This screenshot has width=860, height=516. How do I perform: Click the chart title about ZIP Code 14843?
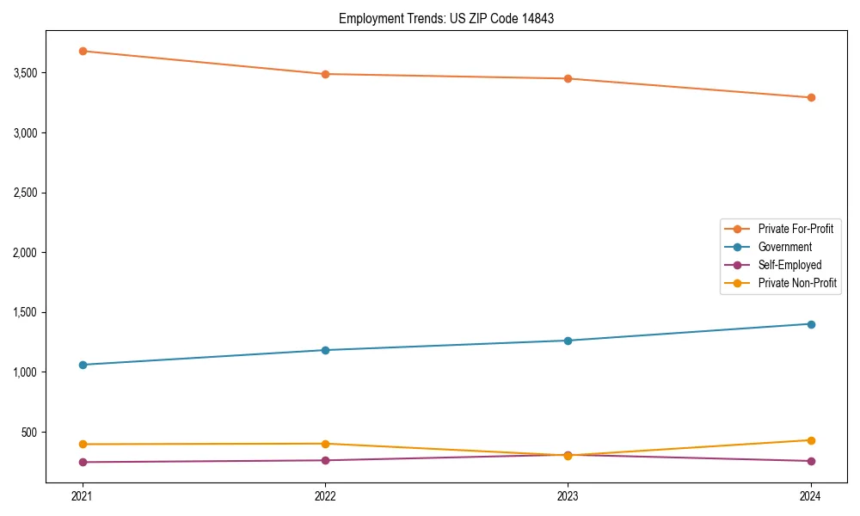click(x=445, y=18)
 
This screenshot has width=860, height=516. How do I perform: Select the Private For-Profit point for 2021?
click(x=83, y=51)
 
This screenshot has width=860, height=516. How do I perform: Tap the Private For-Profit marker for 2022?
click(x=325, y=74)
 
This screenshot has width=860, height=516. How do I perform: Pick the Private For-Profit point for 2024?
click(x=811, y=97)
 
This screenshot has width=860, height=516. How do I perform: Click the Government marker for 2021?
click(x=83, y=365)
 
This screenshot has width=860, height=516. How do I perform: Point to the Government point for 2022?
click(x=325, y=350)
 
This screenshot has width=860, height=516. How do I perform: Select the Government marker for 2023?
click(x=568, y=341)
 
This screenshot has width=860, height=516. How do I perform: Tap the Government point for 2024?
click(x=811, y=324)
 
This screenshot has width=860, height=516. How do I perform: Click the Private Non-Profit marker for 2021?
click(x=83, y=444)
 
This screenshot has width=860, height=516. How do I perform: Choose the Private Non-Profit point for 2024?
click(x=811, y=440)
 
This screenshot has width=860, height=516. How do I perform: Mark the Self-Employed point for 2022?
click(x=325, y=460)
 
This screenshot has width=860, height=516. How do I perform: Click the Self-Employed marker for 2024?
click(x=811, y=461)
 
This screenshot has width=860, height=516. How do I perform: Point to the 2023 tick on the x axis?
click(x=568, y=495)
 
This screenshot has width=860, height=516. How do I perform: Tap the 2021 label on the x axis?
click(x=83, y=495)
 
